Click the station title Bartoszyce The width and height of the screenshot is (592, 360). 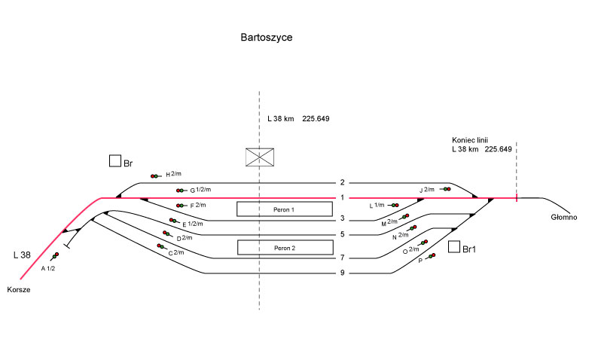click(x=267, y=37)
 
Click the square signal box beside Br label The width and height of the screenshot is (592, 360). click(x=115, y=161)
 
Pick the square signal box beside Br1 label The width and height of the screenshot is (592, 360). click(x=453, y=246)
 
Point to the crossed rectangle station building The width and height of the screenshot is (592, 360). click(x=259, y=157)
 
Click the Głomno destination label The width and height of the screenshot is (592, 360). click(x=563, y=218)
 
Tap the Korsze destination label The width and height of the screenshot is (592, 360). click(x=19, y=290)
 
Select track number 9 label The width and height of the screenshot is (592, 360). click(x=342, y=273)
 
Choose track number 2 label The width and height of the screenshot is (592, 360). click(x=342, y=182)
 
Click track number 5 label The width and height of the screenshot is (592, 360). click(x=342, y=234)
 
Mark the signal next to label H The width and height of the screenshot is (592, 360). click(x=155, y=175)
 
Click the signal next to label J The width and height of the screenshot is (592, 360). click(x=446, y=189)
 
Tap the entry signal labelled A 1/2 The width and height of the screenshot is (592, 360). click(x=53, y=255)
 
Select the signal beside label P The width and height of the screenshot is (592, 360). click(x=432, y=257)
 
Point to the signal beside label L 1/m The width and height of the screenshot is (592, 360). click(x=395, y=204)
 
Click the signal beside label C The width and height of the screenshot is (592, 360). click(x=160, y=246)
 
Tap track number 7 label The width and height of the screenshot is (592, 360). click(x=342, y=258)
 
